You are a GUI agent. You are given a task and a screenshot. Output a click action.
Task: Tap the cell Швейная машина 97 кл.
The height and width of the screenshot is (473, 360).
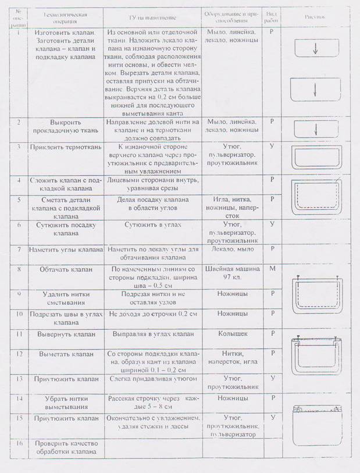pyautogui.click(x=231, y=273)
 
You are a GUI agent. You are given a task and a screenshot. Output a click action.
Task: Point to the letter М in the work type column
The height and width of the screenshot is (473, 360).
pyautogui.click(x=272, y=269)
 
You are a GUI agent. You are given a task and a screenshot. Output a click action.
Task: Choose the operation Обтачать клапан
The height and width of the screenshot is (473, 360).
pyautogui.click(x=66, y=270)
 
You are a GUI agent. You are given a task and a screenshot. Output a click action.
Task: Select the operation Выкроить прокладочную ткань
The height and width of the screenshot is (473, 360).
pyautogui.click(x=65, y=126)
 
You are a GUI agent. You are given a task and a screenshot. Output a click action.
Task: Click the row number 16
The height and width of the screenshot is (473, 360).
pyautogui.click(x=20, y=444)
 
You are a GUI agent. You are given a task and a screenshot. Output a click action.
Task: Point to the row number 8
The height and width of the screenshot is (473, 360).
pyautogui.click(x=20, y=269)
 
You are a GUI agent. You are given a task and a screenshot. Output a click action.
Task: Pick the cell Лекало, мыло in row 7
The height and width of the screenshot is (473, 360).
pyautogui.click(x=231, y=248)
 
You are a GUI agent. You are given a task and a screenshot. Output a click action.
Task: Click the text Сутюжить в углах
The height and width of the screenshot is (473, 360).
pyautogui.click(x=154, y=224)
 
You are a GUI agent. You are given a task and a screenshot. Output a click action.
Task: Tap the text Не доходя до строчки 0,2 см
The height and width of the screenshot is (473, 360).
pyautogui.click(x=154, y=314)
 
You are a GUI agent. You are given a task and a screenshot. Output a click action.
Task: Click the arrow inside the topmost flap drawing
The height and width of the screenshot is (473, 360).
pyautogui.click(x=315, y=50)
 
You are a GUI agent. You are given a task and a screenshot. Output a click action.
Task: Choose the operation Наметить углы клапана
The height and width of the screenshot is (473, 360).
pyautogui.click(x=65, y=249)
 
